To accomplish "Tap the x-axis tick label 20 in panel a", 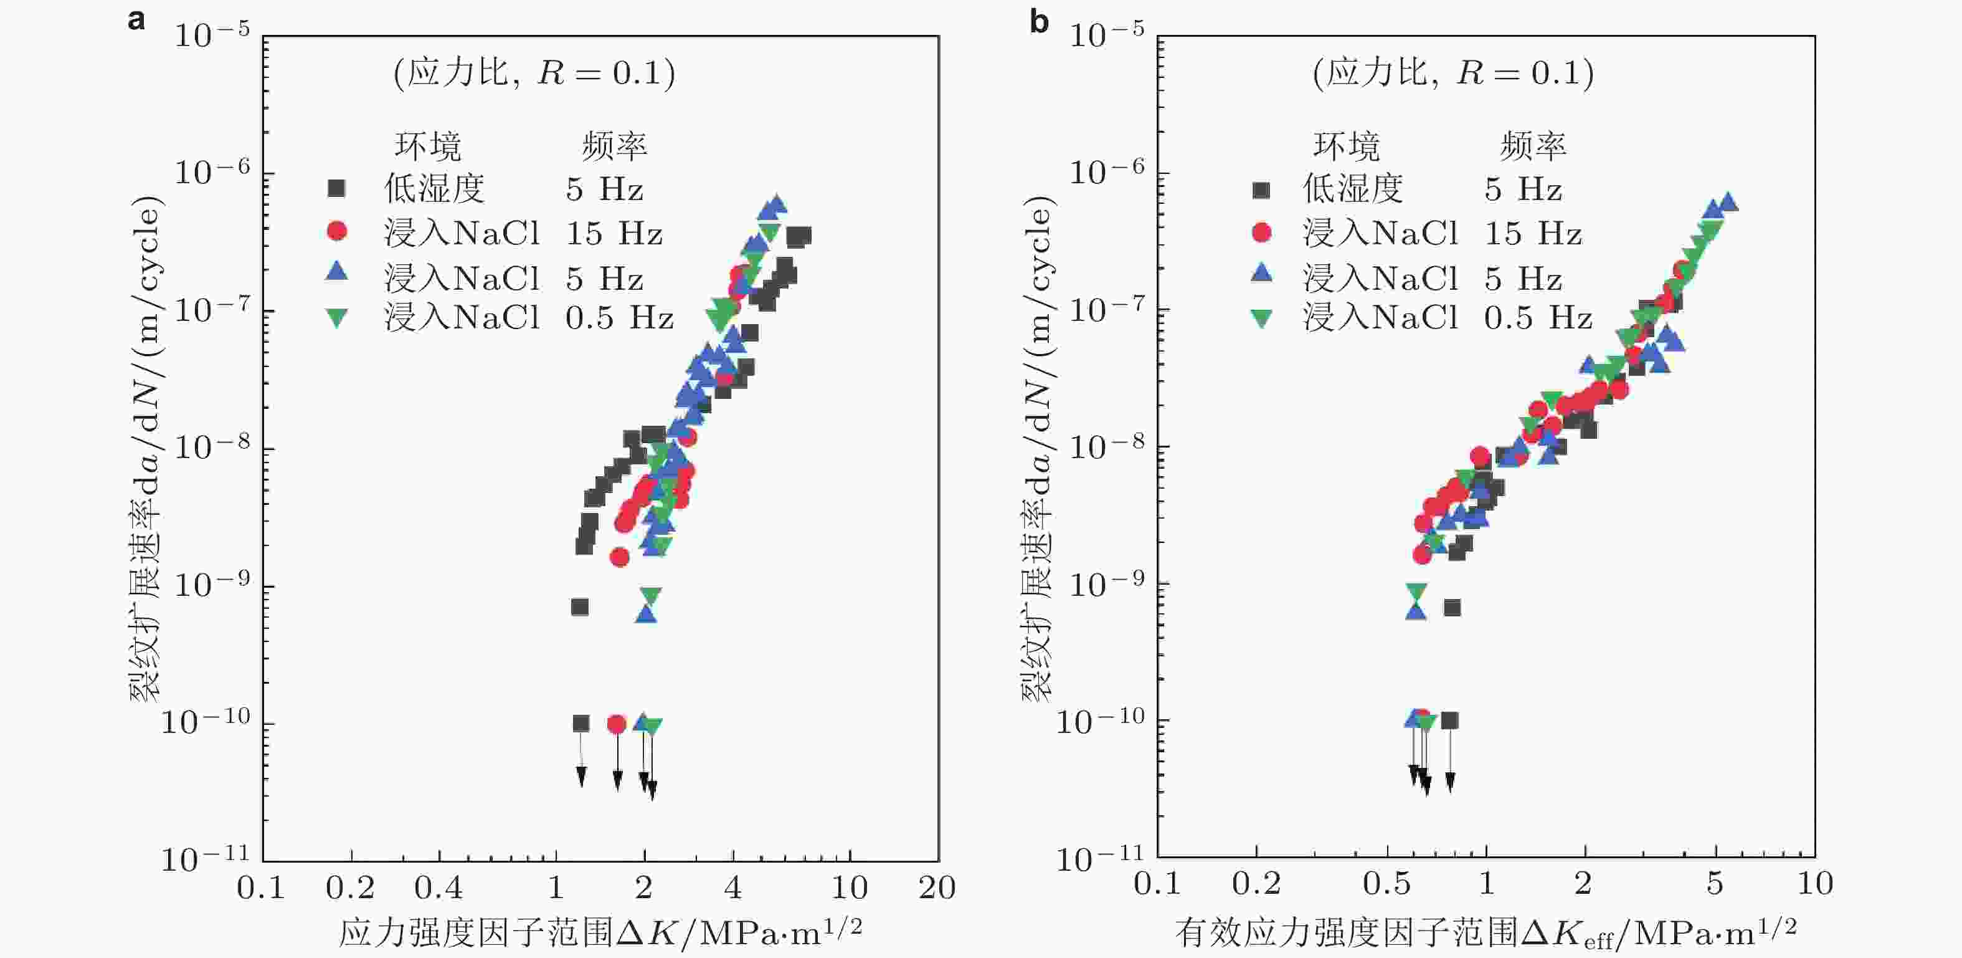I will coord(937,888).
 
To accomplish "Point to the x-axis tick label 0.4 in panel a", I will coord(438,888).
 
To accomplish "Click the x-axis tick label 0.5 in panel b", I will coord(1386,884).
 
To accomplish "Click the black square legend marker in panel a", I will coord(336,188).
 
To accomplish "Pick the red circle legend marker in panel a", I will coord(336,231).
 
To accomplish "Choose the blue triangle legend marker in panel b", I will coord(1261,273).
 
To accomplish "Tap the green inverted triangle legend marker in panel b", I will coord(1261,318).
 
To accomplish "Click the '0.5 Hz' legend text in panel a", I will coord(619,318).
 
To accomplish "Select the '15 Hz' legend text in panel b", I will coord(1532,233).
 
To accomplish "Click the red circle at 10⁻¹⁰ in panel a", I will coord(617,723).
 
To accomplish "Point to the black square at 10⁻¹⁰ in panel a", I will coord(581,723).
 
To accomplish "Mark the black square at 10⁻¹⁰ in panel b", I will coord(1449,721).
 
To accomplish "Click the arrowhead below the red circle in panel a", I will coord(618,780).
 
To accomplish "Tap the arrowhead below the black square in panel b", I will coord(1450,781).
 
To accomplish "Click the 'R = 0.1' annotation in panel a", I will coord(606,73).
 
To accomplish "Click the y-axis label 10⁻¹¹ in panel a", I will coord(205,859).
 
